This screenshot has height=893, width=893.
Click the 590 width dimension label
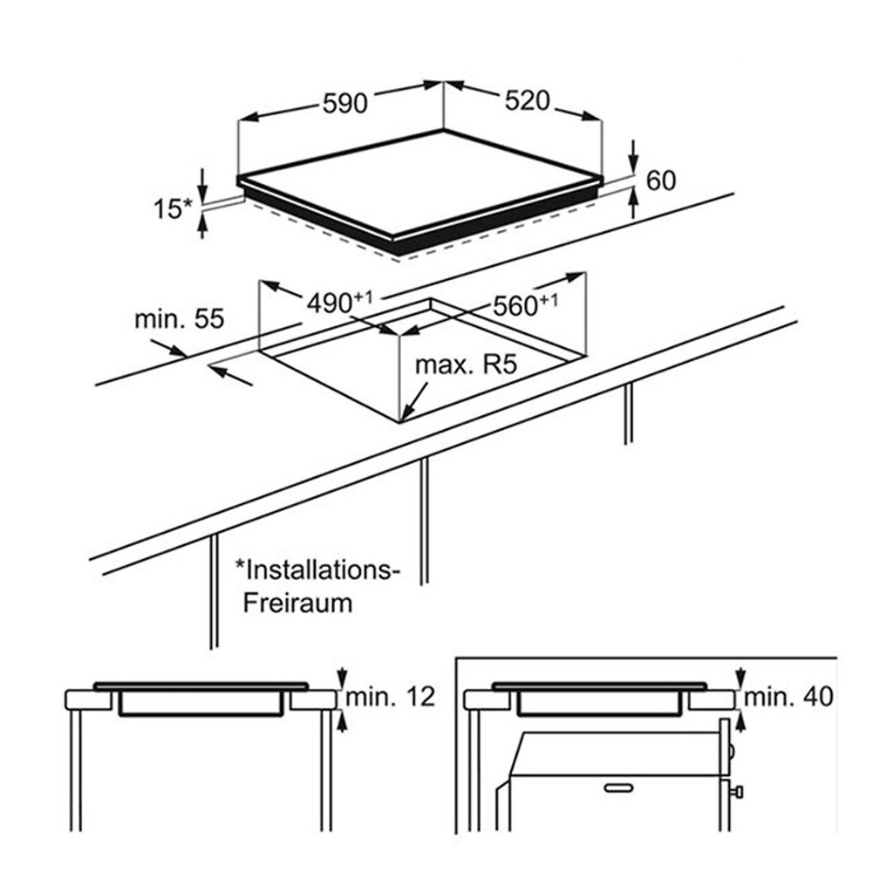click(x=345, y=105)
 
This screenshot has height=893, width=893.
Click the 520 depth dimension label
click(x=528, y=101)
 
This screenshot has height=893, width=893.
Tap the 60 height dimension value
click(x=661, y=181)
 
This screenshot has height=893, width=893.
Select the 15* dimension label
click(x=174, y=209)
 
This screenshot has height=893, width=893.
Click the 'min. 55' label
click(x=180, y=319)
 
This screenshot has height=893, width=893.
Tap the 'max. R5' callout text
click(x=466, y=365)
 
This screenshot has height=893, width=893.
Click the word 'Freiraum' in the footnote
click(x=298, y=603)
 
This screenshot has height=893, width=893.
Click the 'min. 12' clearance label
click(x=390, y=697)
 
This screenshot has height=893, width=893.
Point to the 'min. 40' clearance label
click(x=788, y=697)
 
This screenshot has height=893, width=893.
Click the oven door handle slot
click(x=618, y=788)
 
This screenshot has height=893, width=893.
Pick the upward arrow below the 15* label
click(x=201, y=224)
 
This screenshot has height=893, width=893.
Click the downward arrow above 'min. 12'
click(x=341, y=678)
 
